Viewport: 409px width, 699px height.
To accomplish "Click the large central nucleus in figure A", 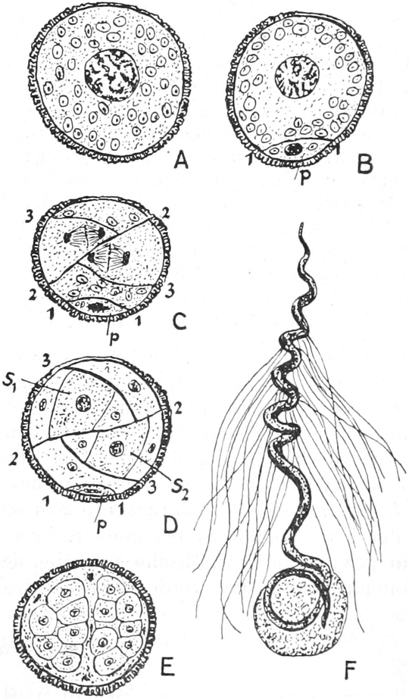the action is click(112, 74).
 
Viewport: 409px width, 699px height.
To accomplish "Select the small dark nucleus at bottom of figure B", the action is click(293, 148).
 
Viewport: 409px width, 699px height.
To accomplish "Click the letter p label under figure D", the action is click(99, 516).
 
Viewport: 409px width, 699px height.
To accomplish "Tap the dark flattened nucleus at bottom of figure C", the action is click(97, 307).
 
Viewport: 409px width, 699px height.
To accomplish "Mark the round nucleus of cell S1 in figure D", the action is click(83, 404).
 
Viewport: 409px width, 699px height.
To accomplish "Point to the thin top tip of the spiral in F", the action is click(302, 225).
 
